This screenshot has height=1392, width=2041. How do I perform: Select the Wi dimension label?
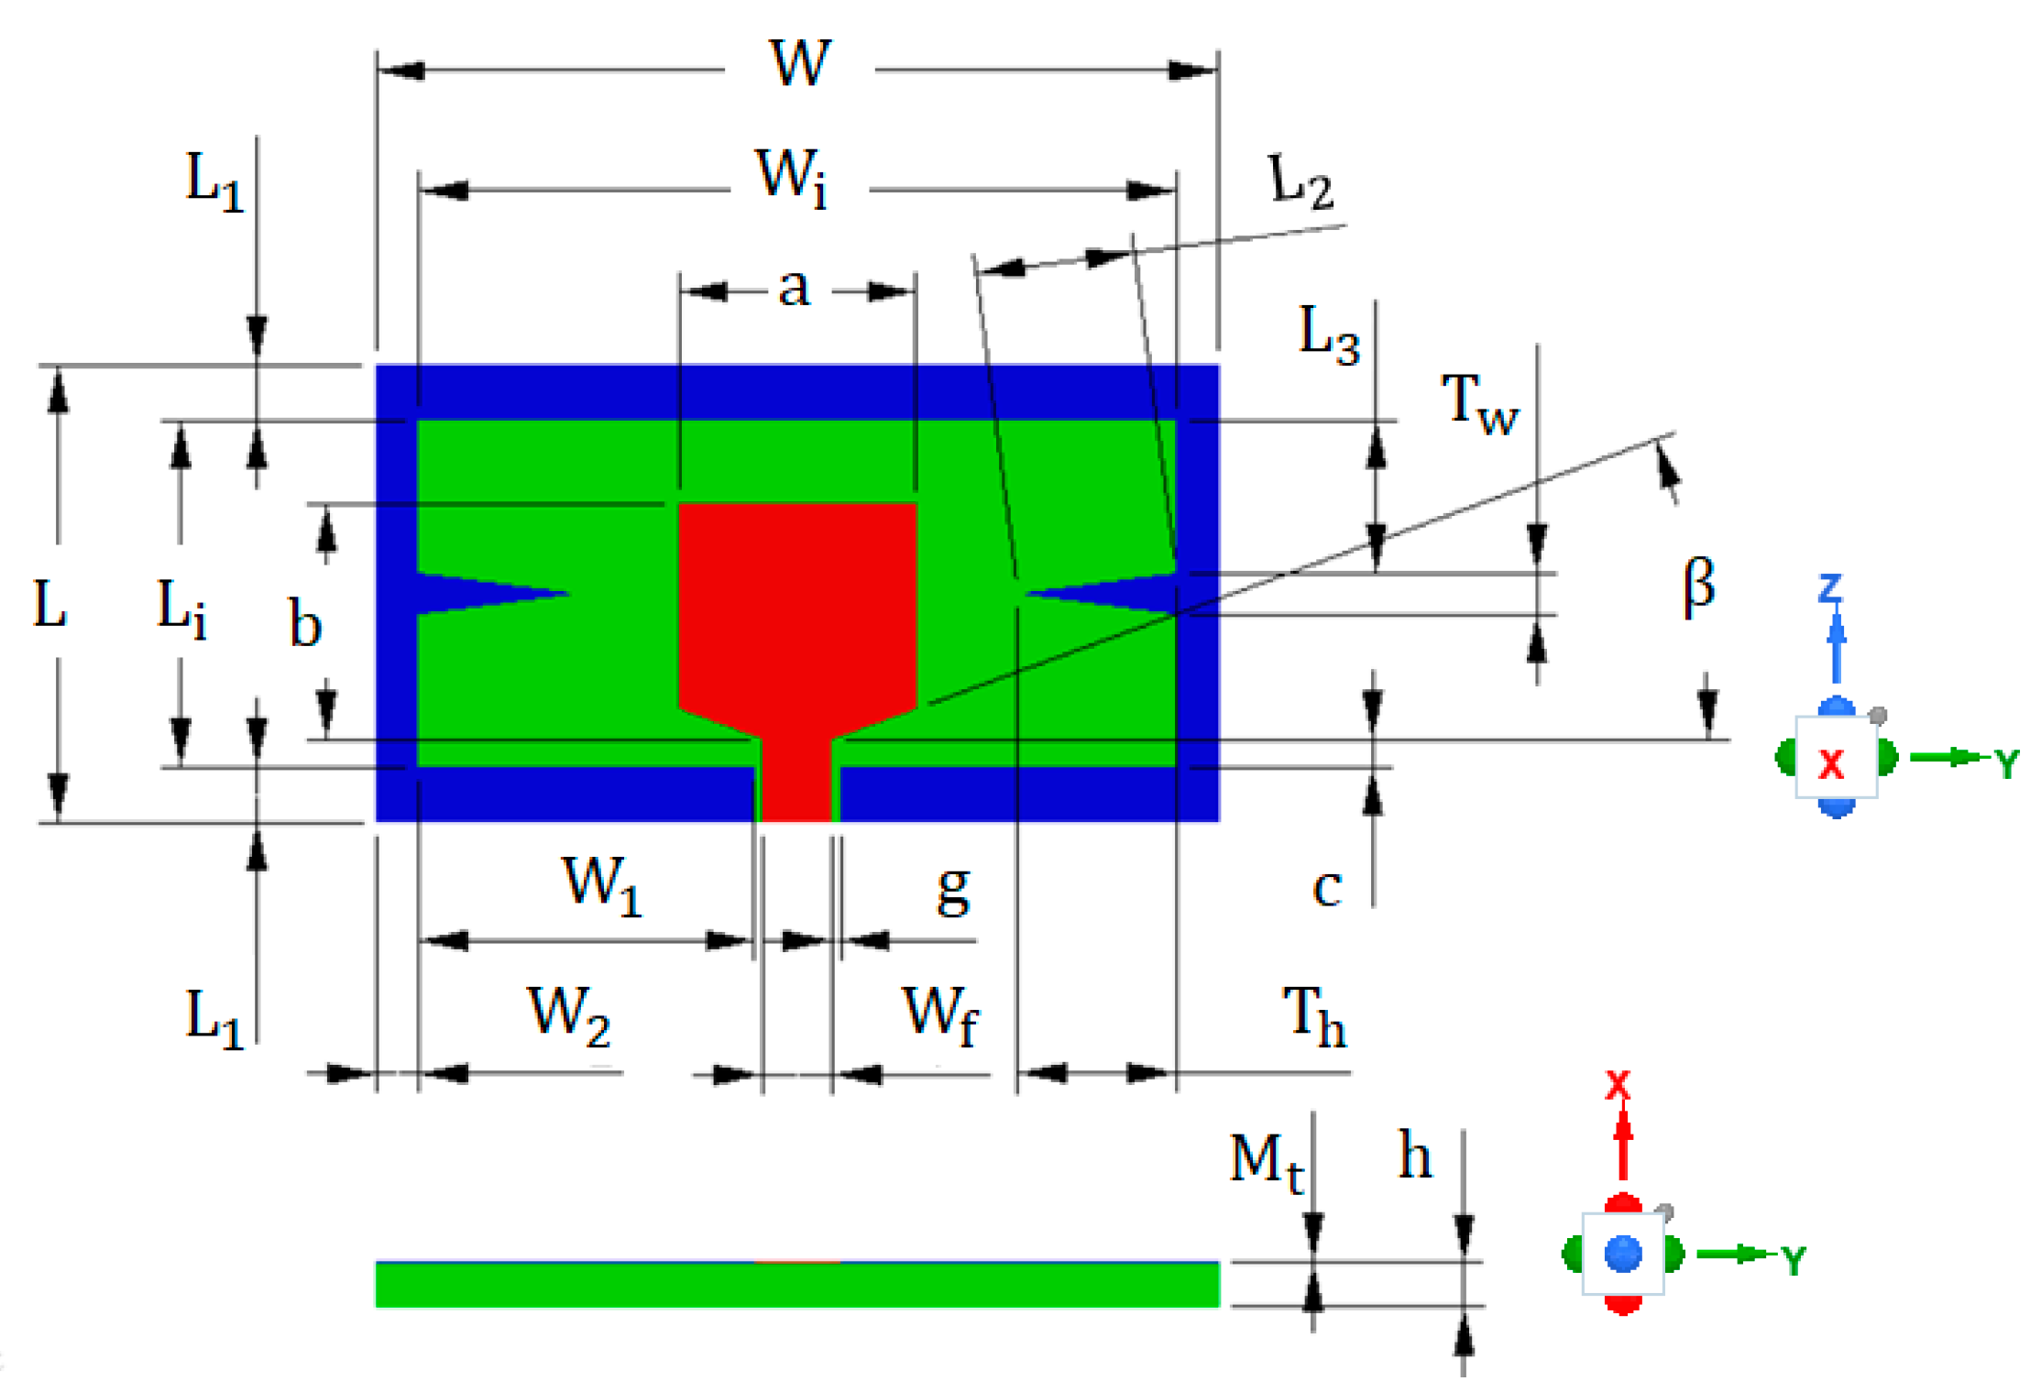pos(792,178)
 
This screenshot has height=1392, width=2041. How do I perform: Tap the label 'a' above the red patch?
pos(794,288)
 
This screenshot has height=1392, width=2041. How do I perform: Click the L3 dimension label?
pos(1328,334)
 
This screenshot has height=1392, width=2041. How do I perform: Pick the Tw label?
pos(1479,404)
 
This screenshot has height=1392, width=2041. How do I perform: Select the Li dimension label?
pos(181,608)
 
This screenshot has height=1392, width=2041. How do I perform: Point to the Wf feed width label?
pos(940,1014)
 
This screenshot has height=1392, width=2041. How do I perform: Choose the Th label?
pos(1313,1016)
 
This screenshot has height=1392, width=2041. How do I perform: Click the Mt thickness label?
pos(1266,1162)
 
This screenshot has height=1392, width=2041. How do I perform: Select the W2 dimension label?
pos(568,1015)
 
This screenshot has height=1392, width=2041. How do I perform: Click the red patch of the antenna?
pos(797,605)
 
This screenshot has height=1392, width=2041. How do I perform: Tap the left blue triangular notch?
pos(477,593)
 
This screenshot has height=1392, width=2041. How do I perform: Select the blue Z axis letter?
pos(1830,587)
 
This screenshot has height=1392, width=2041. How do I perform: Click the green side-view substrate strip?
pos(797,1286)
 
